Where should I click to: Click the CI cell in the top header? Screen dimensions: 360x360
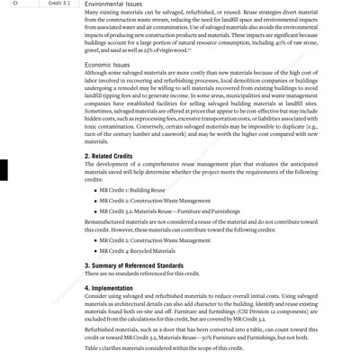(14, 4)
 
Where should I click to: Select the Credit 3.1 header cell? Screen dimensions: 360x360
(60, 4)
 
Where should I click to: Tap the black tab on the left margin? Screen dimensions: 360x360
(4, 171)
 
